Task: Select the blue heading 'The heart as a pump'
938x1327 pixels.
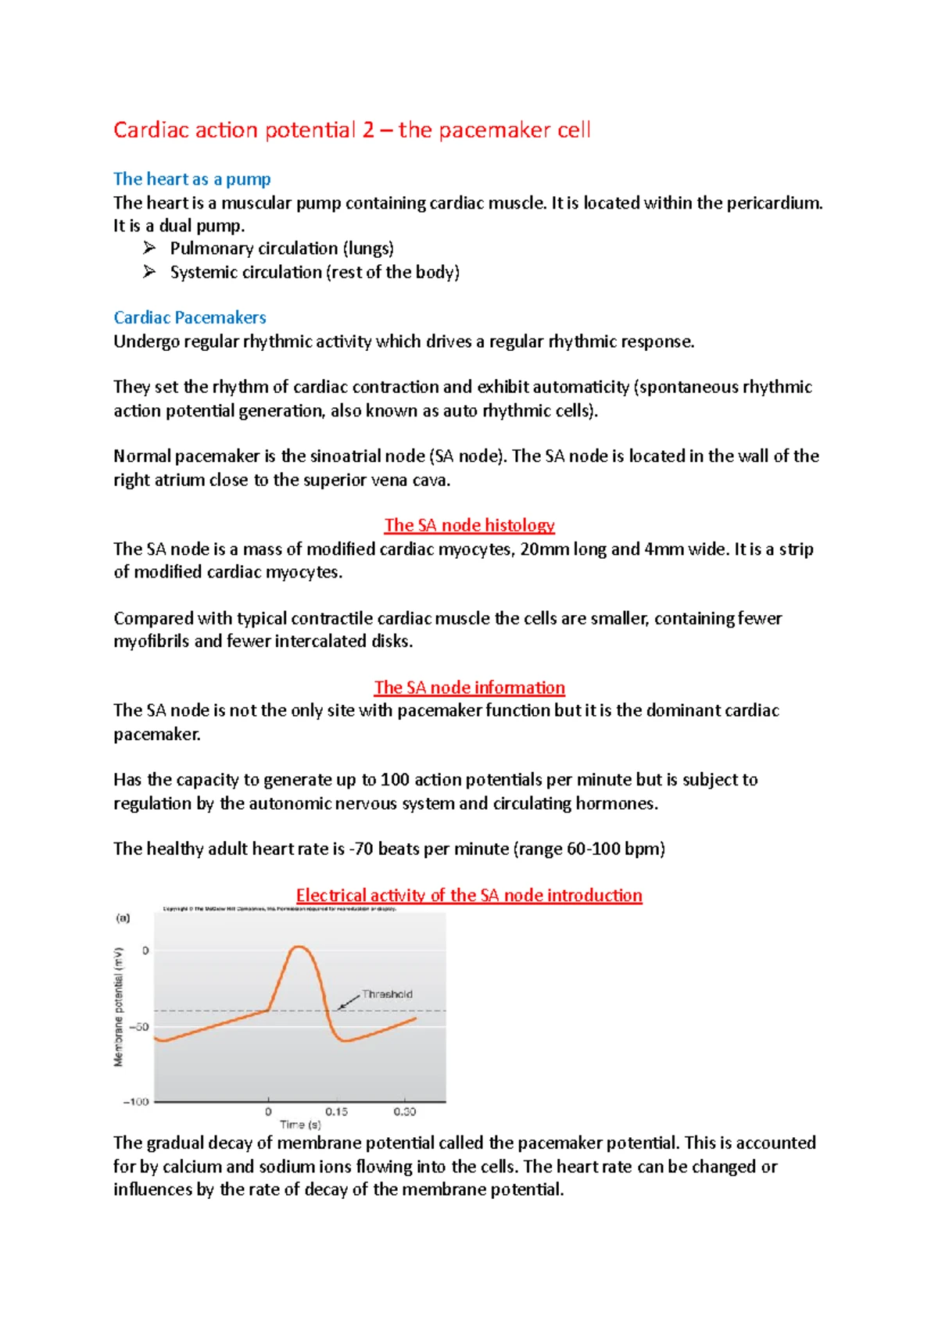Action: (x=192, y=179)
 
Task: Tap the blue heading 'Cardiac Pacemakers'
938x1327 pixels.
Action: (x=190, y=317)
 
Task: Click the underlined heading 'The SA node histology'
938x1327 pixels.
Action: (x=469, y=525)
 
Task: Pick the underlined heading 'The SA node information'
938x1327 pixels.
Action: (x=469, y=688)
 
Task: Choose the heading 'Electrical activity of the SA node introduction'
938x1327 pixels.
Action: (x=469, y=896)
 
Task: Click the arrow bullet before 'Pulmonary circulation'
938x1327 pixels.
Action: (x=149, y=249)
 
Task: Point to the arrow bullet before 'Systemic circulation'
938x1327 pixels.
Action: (x=149, y=272)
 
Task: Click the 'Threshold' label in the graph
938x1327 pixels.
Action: (x=387, y=994)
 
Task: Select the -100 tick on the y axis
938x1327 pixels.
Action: (x=136, y=1102)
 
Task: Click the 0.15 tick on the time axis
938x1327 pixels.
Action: (x=337, y=1111)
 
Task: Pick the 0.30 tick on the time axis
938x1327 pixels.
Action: (x=404, y=1111)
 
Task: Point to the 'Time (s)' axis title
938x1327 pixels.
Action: (x=300, y=1125)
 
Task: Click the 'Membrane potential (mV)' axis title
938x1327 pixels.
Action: (x=119, y=1007)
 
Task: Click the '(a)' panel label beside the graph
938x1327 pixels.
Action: (x=124, y=918)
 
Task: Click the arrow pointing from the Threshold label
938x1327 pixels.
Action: (x=348, y=1002)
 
